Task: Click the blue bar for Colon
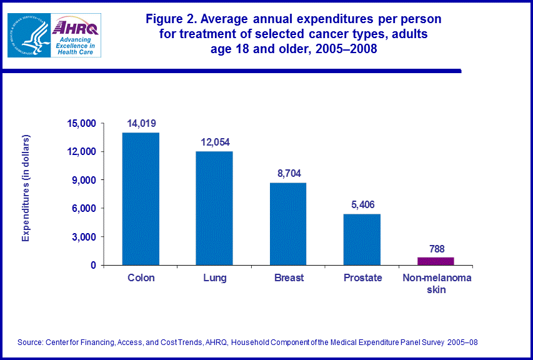(141, 199)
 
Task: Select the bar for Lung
(215, 208)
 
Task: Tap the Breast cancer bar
(289, 224)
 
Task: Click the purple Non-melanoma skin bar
(436, 261)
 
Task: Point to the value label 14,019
(141, 124)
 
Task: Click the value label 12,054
(215, 142)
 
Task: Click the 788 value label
(436, 248)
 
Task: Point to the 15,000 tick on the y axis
(81, 123)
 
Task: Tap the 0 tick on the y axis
(92, 265)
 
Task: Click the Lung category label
(215, 277)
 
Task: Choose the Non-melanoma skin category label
(436, 283)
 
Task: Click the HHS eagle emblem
(29, 35)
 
